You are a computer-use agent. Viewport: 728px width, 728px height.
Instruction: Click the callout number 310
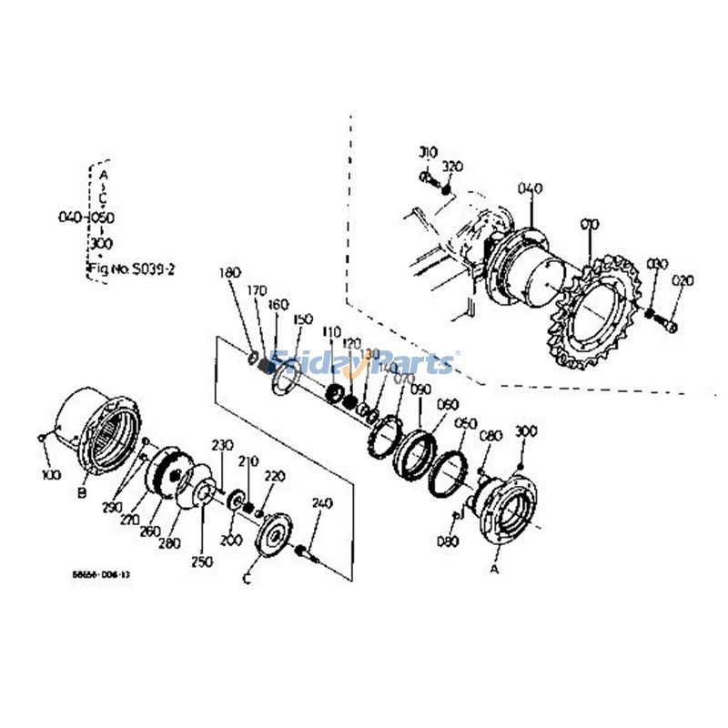coord(428,152)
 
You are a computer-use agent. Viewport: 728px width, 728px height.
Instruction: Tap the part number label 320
coord(453,167)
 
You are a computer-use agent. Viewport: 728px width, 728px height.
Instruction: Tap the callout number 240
coord(321,503)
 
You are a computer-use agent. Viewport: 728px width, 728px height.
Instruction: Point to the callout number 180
coord(230,272)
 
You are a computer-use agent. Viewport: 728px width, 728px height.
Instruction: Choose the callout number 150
coord(302,319)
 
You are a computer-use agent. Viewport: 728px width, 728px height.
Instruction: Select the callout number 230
coord(223,445)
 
